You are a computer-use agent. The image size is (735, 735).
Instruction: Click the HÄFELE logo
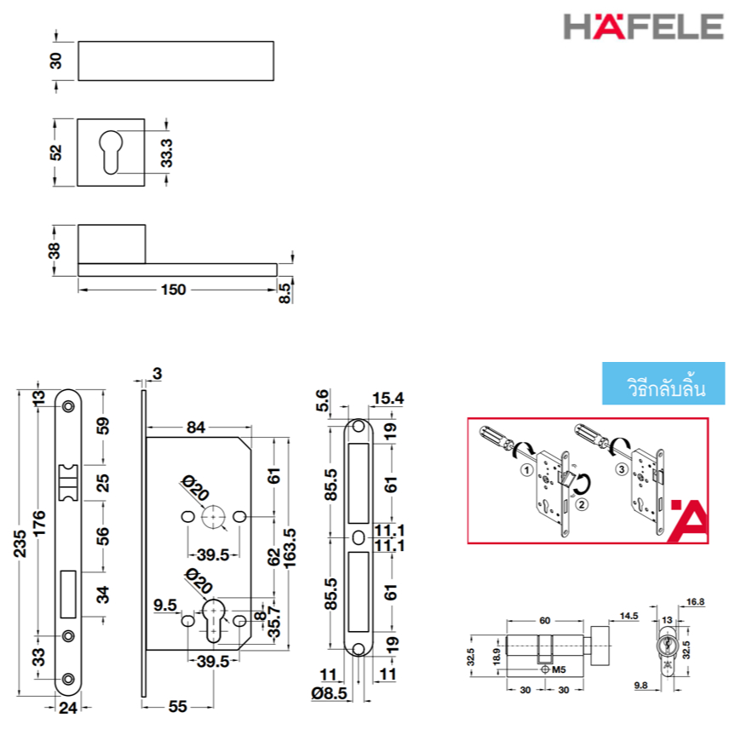click(x=643, y=26)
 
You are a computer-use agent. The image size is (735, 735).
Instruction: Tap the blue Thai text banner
click(x=663, y=383)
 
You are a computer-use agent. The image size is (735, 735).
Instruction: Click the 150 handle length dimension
click(x=174, y=290)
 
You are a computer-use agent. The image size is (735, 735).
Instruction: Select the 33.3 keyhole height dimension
click(x=166, y=152)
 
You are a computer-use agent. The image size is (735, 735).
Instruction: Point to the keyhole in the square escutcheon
click(x=111, y=152)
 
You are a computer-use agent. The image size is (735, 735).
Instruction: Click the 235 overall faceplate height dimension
click(x=20, y=543)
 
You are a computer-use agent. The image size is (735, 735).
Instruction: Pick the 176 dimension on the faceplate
click(x=39, y=524)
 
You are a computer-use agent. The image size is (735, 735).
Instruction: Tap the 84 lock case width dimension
click(x=196, y=427)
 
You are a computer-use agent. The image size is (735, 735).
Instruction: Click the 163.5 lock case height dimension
click(x=290, y=548)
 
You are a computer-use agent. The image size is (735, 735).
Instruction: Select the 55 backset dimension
click(x=178, y=706)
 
